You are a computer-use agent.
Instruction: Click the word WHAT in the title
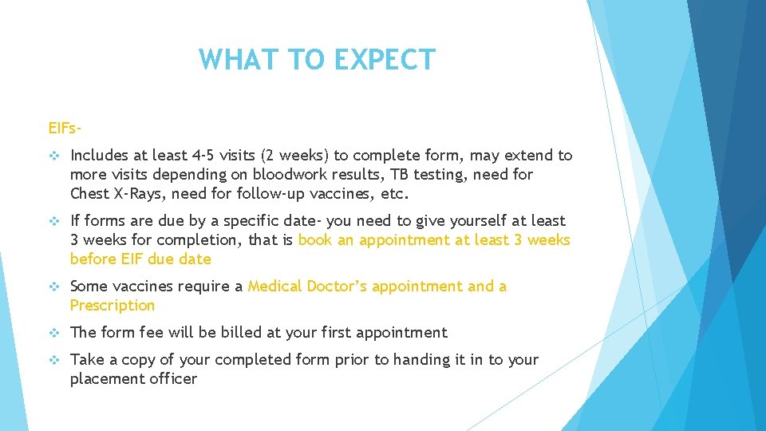(232, 60)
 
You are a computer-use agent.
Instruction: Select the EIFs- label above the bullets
(66, 127)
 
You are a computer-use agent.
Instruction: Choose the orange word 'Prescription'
(113, 305)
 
